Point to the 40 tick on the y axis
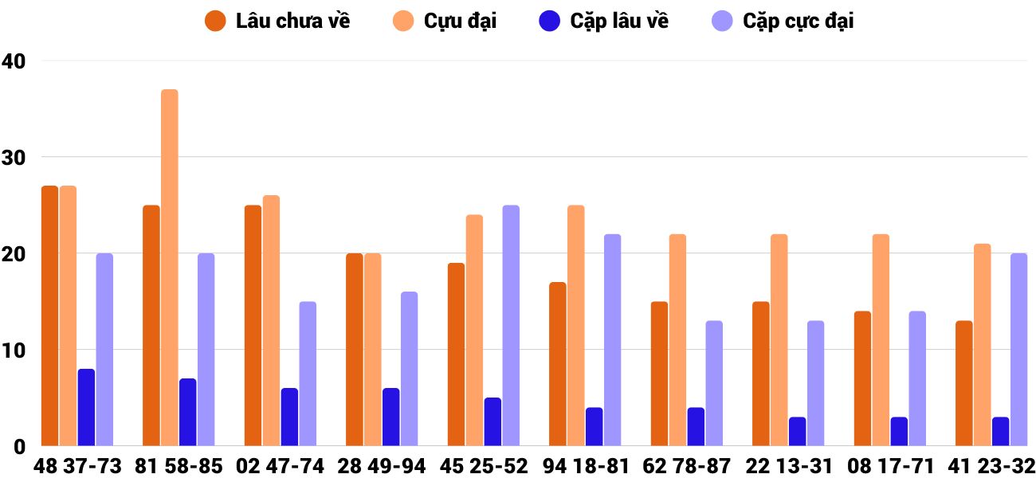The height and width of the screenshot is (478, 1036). point(14,61)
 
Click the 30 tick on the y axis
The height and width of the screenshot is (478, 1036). point(14,158)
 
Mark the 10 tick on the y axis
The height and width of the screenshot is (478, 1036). point(14,351)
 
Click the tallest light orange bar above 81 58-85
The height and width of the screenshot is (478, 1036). point(170,268)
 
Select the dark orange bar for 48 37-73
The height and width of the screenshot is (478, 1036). point(50,315)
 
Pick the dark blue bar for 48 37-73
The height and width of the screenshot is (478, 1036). point(86,407)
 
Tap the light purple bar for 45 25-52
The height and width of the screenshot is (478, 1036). point(511,325)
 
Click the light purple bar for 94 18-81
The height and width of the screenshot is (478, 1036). point(612,339)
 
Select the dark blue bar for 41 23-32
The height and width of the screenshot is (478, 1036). point(1000,431)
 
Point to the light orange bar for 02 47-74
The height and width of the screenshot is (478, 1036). point(271,320)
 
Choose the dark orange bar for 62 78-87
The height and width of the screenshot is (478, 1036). point(659,374)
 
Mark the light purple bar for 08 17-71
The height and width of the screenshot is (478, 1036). point(917,378)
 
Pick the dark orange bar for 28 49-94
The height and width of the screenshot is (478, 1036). point(355,350)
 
